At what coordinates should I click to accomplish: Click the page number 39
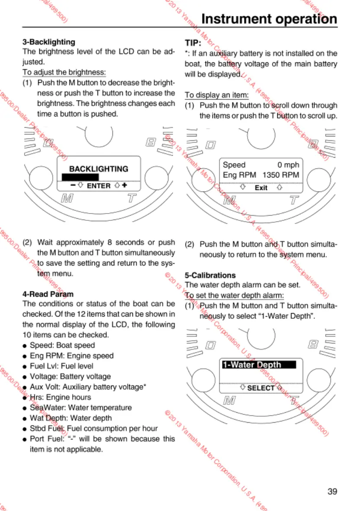[x=332, y=492]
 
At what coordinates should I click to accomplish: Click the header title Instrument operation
[x=269, y=19]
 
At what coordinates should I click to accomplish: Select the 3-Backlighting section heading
[x=48, y=42]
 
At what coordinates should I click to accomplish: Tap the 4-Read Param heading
[x=48, y=294]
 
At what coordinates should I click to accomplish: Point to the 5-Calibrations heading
[x=210, y=275]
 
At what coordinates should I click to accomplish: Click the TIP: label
[x=193, y=43]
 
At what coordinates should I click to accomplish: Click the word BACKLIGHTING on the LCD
[x=99, y=169]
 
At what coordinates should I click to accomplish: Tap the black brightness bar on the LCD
[x=80, y=177]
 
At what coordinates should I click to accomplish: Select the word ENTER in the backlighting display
[x=99, y=186]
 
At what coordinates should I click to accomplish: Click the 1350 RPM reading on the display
[x=281, y=175]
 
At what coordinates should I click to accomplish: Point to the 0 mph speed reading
[x=288, y=165]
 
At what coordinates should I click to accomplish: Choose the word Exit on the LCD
[x=261, y=188]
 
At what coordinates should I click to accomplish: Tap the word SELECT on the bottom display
[x=260, y=388]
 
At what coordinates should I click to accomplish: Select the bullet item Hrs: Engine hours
[x=60, y=397]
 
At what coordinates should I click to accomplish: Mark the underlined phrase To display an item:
[x=217, y=95]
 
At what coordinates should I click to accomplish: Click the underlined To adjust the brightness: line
[x=64, y=72]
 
